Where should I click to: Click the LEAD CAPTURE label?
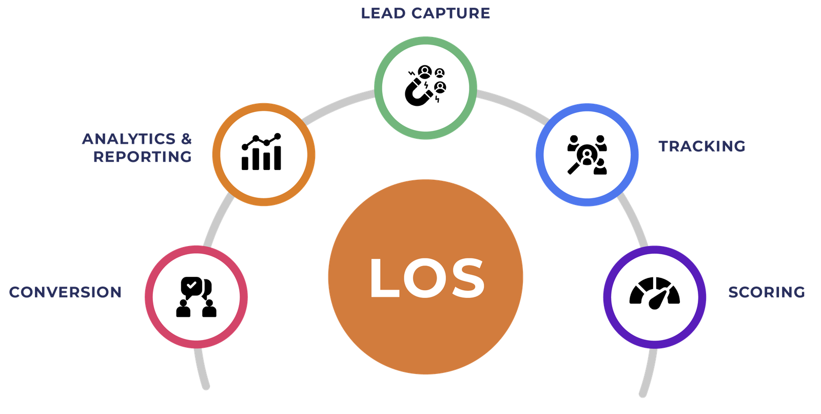coord(425,13)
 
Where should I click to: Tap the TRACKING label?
coord(701,146)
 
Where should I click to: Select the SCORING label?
coord(767,292)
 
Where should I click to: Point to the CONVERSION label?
coord(65,292)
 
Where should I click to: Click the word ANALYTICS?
coord(129,139)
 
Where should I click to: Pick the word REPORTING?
coord(142,156)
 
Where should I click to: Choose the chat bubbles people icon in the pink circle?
coord(196,297)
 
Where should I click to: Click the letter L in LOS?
coord(385,278)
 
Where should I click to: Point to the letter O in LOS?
coord(426,278)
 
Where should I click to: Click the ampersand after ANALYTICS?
coord(186,139)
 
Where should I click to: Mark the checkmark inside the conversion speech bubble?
coord(191,284)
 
